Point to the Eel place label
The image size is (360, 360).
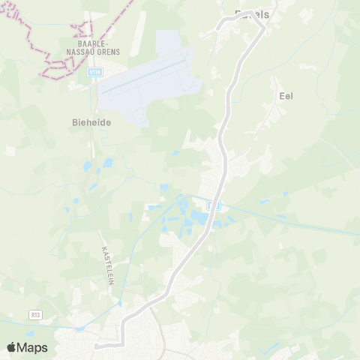point(286,96)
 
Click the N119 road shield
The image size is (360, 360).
point(94,72)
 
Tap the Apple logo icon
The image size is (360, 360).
point(12,347)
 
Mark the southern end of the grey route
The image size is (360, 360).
point(97,346)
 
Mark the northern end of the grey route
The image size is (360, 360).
point(218,27)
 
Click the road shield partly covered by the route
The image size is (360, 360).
point(213,205)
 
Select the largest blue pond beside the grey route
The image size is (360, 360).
point(199,217)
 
